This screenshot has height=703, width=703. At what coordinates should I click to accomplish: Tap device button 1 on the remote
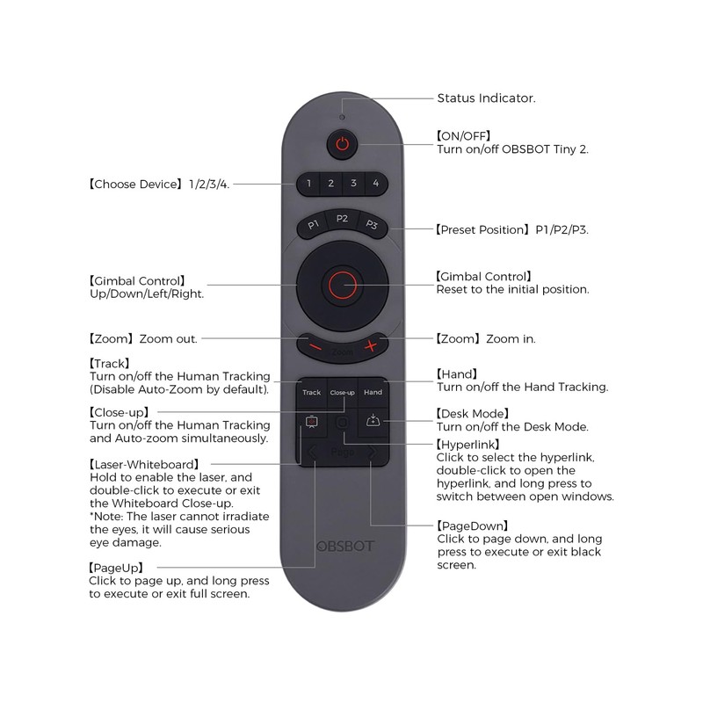tap(308, 184)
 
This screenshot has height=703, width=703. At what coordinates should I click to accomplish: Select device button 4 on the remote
tap(375, 184)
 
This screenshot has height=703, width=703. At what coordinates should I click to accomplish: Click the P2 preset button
tap(342, 219)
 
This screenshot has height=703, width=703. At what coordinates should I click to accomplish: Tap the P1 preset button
tap(313, 226)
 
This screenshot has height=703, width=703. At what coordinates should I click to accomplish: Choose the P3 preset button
tap(372, 226)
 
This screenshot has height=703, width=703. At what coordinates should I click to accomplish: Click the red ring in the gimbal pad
tap(342, 284)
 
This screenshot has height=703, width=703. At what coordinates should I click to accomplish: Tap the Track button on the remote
tap(312, 392)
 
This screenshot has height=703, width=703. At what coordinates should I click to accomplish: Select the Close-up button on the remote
tap(342, 392)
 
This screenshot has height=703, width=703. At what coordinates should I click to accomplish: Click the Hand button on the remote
tap(373, 392)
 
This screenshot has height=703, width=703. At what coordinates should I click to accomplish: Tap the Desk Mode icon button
tap(373, 422)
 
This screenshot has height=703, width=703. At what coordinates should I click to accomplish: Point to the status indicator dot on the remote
tap(342, 117)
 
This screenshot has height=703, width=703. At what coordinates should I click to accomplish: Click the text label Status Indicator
tap(486, 98)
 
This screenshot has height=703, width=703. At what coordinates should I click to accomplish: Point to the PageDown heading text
tap(474, 525)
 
